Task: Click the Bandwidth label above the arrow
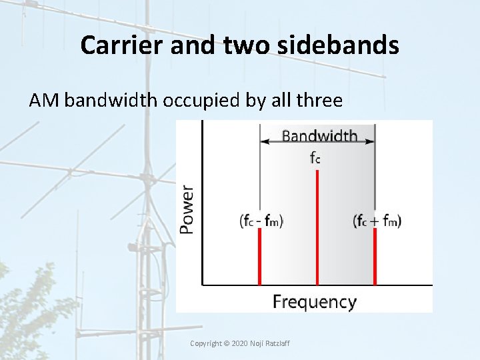(x=319, y=137)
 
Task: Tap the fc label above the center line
(x=317, y=159)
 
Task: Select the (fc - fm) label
(x=261, y=221)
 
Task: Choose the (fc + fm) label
(x=377, y=221)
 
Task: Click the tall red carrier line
(x=317, y=227)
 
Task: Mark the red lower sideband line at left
(x=259, y=257)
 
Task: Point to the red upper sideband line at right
(x=375, y=257)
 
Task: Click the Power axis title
(x=188, y=209)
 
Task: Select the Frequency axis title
(x=314, y=301)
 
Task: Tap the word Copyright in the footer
(x=205, y=343)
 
